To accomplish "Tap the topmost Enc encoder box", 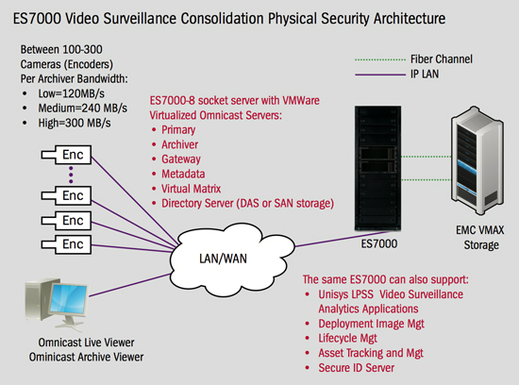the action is click(66, 155).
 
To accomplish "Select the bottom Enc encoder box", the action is click(66, 244).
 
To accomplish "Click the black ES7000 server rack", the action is click(377, 168).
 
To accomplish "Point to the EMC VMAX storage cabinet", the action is click(477, 160).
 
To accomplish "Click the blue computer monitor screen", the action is click(69, 301).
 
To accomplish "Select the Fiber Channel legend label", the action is click(442, 59).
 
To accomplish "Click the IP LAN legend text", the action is click(425, 74).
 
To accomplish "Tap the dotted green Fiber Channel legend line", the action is click(380, 59).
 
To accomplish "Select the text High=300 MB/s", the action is click(75, 124).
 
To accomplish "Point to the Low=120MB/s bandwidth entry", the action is click(71, 93).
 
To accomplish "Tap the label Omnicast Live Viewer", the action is click(86, 343).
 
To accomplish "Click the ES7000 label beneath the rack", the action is click(379, 244).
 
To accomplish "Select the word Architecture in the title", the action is click(410, 19).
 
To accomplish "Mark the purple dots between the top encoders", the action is click(71, 175).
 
